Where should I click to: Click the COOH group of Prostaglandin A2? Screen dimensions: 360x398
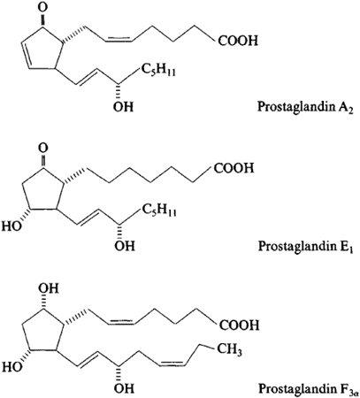click(238, 41)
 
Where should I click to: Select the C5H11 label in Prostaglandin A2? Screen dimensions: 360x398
click(158, 70)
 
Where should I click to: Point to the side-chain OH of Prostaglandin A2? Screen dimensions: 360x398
click(123, 106)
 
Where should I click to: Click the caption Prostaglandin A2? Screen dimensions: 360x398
click(305, 107)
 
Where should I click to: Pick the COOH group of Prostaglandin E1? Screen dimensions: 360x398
click(234, 168)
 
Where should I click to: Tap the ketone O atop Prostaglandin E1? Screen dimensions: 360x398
click(43, 148)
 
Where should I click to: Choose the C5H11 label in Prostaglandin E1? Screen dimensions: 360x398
click(159, 210)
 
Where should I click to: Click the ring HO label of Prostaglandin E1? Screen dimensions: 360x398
click(12, 226)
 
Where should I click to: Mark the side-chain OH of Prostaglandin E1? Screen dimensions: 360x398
click(125, 246)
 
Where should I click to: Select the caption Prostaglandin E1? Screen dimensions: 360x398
click(305, 246)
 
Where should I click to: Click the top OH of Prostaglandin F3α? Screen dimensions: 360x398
click(49, 288)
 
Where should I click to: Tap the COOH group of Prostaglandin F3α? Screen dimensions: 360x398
click(239, 325)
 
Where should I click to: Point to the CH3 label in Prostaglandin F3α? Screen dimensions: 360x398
click(230, 350)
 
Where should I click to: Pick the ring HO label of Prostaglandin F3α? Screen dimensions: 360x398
click(12, 367)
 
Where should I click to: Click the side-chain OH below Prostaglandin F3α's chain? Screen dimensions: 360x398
click(124, 388)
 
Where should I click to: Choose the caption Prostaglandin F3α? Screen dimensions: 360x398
click(309, 388)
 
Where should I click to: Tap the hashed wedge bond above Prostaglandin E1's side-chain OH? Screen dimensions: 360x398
click(119, 232)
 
